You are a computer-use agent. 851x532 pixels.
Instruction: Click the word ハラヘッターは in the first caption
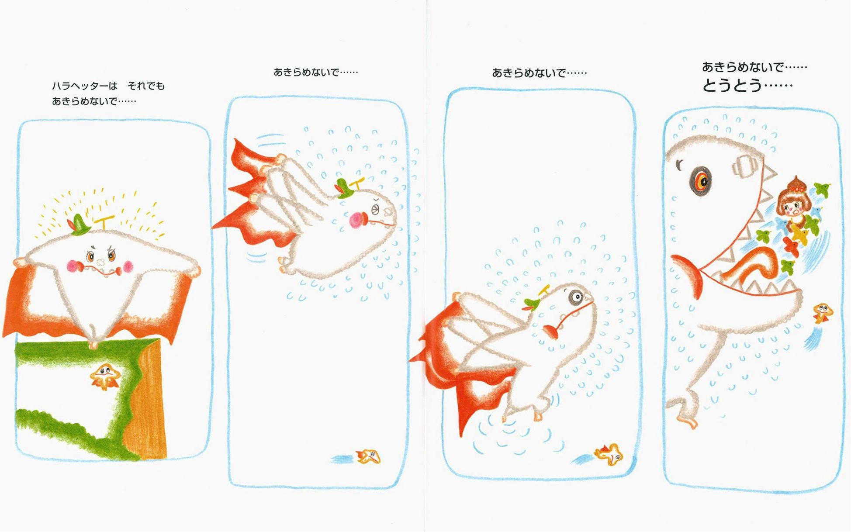pos(85,86)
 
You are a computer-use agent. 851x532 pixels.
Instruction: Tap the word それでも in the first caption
pos(146,86)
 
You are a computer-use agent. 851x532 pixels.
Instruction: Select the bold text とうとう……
pos(747,85)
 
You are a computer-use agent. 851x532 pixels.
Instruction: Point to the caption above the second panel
pos(315,72)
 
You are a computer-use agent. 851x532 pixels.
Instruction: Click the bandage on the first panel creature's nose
pos(100,263)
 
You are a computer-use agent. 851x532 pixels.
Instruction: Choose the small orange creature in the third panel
pos(609,454)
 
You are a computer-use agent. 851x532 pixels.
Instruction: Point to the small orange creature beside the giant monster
pos(823,313)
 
